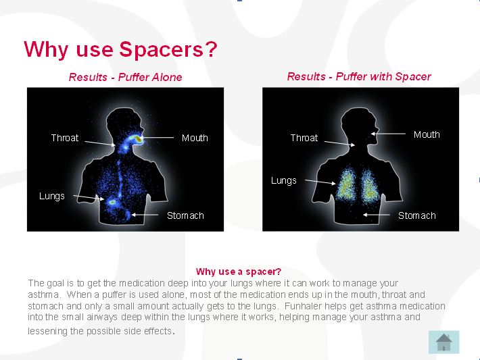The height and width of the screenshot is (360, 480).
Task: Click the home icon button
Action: tap(443, 342)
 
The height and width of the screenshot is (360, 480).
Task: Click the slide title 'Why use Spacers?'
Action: tap(120, 49)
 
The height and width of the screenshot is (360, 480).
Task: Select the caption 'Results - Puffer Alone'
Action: tap(125, 77)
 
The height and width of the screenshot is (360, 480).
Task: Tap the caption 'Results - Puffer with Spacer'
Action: tap(359, 76)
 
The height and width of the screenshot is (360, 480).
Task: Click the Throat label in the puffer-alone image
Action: tap(65, 138)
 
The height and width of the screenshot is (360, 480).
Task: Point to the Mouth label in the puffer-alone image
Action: tap(195, 138)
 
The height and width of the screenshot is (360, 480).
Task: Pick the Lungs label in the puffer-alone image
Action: tap(52, 196)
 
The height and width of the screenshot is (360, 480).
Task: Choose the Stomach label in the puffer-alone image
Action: tap(185, 215)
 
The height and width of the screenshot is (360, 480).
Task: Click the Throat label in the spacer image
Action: tap(304, 138)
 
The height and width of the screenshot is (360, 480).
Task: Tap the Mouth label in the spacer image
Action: tap(427, 134)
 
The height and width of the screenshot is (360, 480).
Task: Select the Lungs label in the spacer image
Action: tap(284, 181)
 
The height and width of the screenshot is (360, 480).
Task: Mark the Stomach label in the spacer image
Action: tap(416, 215)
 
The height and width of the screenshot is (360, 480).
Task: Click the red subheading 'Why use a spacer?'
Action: tap(239, 272)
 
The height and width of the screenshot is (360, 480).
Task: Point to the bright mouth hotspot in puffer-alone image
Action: tap(139, 139)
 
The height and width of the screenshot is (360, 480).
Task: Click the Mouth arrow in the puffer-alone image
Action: tap(158, 138)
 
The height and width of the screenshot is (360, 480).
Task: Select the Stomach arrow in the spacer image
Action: tap(376, 215)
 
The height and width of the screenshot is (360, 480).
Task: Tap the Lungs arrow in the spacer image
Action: tap(320, 182)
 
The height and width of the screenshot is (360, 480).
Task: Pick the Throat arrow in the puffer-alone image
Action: tap(100, 143)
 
